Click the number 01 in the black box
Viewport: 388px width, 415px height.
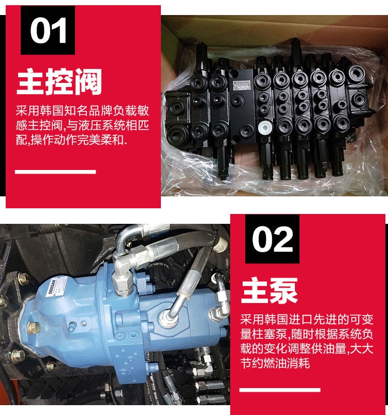[48, 31]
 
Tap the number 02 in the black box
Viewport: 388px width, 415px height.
[272, 239]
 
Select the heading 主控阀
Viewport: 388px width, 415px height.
[59, 81]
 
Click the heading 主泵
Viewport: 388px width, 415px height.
[270, 290]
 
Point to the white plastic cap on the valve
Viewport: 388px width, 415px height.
[265, 127]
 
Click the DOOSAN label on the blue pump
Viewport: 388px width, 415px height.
[52, 288]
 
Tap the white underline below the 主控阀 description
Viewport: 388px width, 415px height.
[55, 172]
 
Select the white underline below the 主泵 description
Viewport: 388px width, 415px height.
[280, 390]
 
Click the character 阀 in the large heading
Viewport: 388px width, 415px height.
[88, 81]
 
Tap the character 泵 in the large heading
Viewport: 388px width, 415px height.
[284, 290]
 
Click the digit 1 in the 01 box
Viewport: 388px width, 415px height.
[59, 31]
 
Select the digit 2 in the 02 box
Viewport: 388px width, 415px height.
[283, 239]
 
